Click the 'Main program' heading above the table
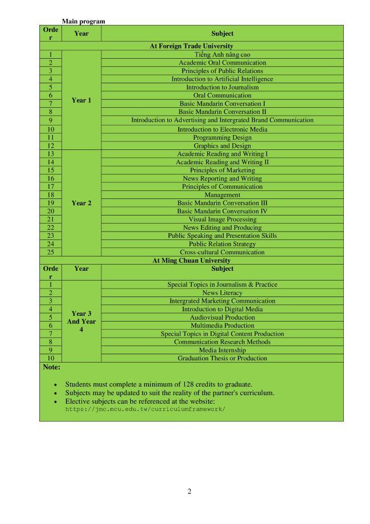tap(83, 21)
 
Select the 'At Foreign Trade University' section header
tap(191, 46)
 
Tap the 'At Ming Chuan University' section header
tap(191, 261)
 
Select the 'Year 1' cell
tap(81, 100)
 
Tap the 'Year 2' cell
tap(81, 203)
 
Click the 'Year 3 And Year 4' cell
tap(81, 321)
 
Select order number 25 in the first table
tap(51, 252)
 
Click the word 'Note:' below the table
tap(52, 368)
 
